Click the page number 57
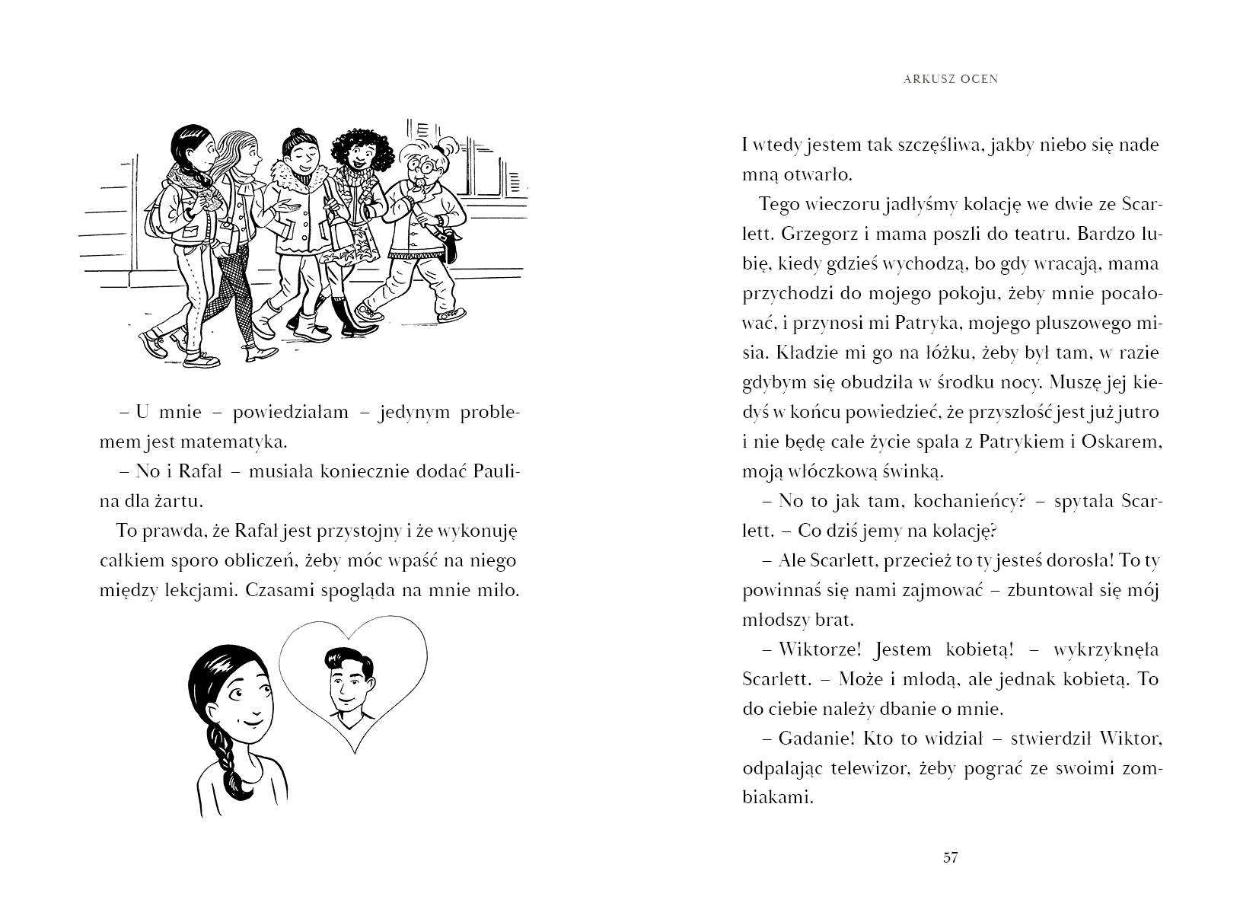click(950, 858)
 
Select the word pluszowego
click(1074, 323)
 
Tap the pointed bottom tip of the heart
click(354, 751)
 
